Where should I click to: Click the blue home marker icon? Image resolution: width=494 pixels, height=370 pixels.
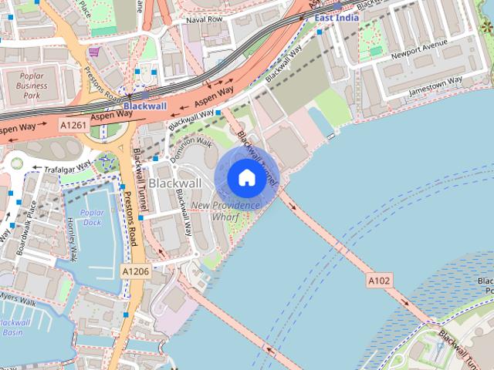[246, 177]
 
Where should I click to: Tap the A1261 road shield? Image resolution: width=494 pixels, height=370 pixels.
[73, 124]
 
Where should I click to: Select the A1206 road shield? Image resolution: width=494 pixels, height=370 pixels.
[134, 271]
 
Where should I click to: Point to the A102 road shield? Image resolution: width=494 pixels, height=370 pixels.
[379, 281]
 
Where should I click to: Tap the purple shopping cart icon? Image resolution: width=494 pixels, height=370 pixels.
[94, 52]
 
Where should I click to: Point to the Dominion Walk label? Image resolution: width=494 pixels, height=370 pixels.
[191, 146]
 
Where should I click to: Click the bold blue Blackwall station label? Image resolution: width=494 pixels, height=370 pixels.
[144, 106]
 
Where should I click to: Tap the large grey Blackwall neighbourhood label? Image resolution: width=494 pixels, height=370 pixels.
[175, 183]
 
